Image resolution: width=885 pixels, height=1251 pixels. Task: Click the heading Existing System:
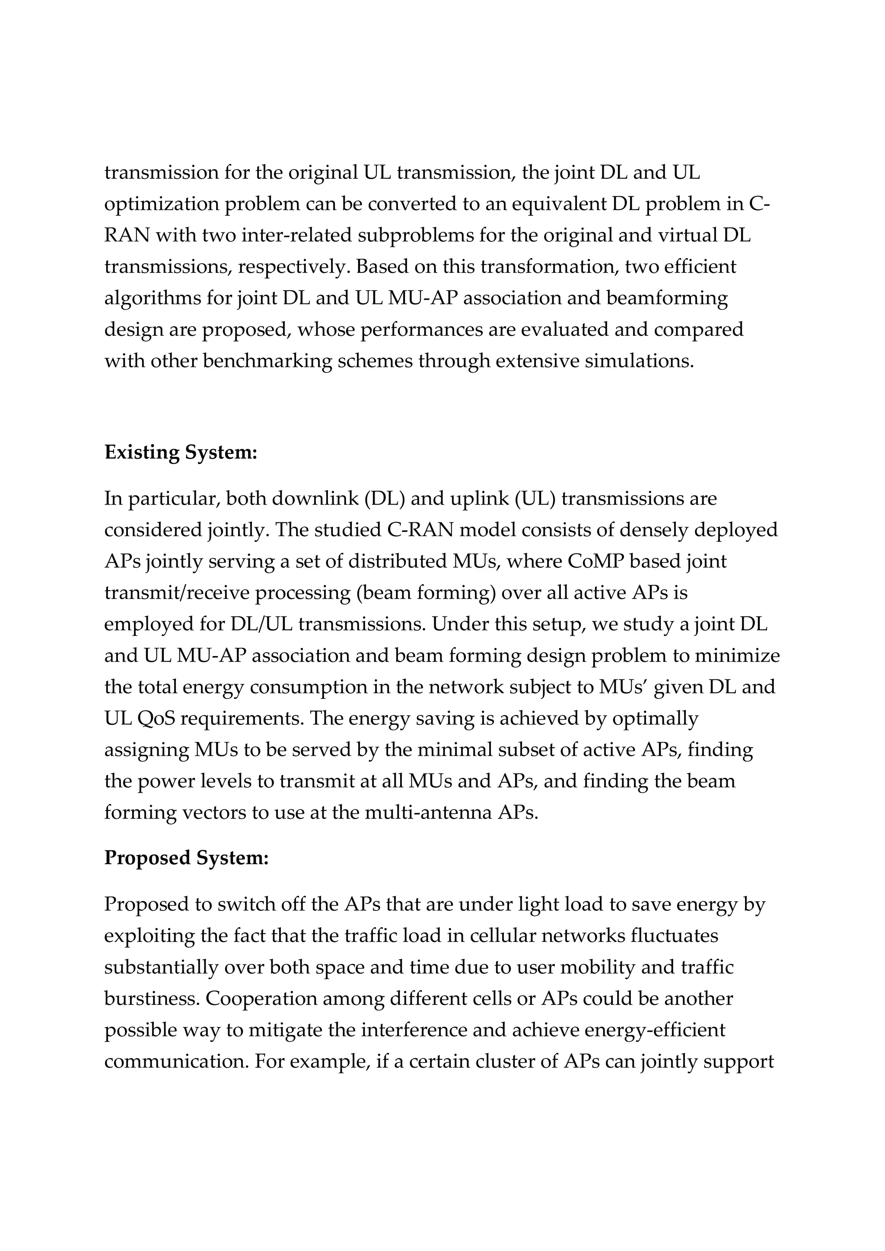[181, 452]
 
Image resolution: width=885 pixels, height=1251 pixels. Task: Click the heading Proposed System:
[187, 858]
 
